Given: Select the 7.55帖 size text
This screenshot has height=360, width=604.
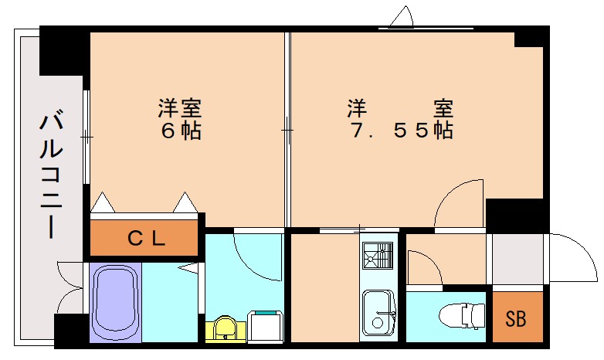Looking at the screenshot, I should click(x=401, y=131).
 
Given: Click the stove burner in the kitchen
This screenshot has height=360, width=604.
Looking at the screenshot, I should click(x=379, y=255).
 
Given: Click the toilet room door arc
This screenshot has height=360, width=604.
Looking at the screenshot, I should click(x=424, y=267).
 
